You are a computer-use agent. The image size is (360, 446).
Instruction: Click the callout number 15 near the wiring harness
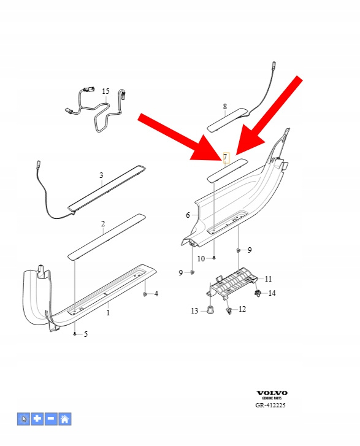point(105,91)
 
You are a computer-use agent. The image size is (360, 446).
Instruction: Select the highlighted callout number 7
point(226,157)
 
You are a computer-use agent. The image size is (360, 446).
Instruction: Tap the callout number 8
point(225,107)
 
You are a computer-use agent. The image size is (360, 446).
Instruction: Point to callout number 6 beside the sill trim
point(188,215)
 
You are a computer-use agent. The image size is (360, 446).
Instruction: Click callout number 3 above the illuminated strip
point(101,175)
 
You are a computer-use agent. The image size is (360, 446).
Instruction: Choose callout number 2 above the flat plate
point(103,223)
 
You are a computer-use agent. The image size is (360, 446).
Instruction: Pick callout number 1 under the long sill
point(108,313)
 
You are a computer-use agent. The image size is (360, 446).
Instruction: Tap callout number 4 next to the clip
point(156,293)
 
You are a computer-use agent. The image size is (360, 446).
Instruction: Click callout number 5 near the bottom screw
point(86,334)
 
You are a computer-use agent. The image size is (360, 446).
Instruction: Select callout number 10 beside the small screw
point(201,258)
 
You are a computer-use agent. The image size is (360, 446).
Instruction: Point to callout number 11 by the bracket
point(268,279)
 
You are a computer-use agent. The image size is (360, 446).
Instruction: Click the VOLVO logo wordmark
point(272,393)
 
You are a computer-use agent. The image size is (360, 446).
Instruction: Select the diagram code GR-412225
point(270,405)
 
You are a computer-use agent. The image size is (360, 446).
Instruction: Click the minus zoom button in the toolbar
point(51,419)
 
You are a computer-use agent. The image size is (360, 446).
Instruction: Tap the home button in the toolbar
point(64,419)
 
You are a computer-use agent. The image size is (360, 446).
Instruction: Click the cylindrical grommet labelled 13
point(210,310)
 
